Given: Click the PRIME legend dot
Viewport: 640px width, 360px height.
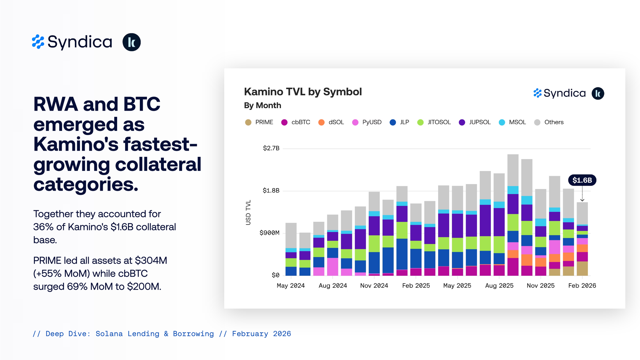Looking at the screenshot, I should click(x=248, y=122).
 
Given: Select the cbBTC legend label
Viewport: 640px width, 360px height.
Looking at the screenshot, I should click(x=300, y=122).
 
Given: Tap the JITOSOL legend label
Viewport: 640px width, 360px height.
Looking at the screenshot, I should click(x=439, y=122).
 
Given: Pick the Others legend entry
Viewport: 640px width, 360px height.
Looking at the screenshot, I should click(x=554, y=122).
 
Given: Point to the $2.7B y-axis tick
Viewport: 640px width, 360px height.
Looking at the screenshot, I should click(x=271, y=148).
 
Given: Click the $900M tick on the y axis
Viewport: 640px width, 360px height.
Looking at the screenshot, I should click(x=269, y=233).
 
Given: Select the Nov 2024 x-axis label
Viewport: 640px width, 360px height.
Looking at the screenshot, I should click(x=374, y=285).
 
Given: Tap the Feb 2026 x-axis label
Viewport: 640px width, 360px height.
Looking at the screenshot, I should click(x=582, y=285).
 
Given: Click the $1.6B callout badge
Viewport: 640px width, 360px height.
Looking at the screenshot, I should click(x=582, y=180).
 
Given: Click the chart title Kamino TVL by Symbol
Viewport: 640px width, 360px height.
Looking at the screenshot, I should click(x=303, y=92).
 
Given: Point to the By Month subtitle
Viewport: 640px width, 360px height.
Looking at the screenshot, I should click(x=262, y=105).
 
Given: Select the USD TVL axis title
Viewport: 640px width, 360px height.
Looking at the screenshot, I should click(x=248, y=212).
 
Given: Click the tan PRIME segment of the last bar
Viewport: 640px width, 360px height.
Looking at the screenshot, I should click(x=582, y=268).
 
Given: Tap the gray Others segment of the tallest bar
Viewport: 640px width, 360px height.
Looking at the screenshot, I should click(x=513, y=170).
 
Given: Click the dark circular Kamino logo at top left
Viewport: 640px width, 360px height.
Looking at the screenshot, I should click(x=132, y=42).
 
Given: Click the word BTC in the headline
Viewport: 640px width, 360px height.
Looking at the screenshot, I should click(x=142, y=104).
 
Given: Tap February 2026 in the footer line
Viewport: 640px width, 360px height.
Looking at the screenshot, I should click(x=261, y=334).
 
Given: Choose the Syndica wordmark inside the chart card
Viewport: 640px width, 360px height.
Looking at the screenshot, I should click(x=564, y=93).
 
